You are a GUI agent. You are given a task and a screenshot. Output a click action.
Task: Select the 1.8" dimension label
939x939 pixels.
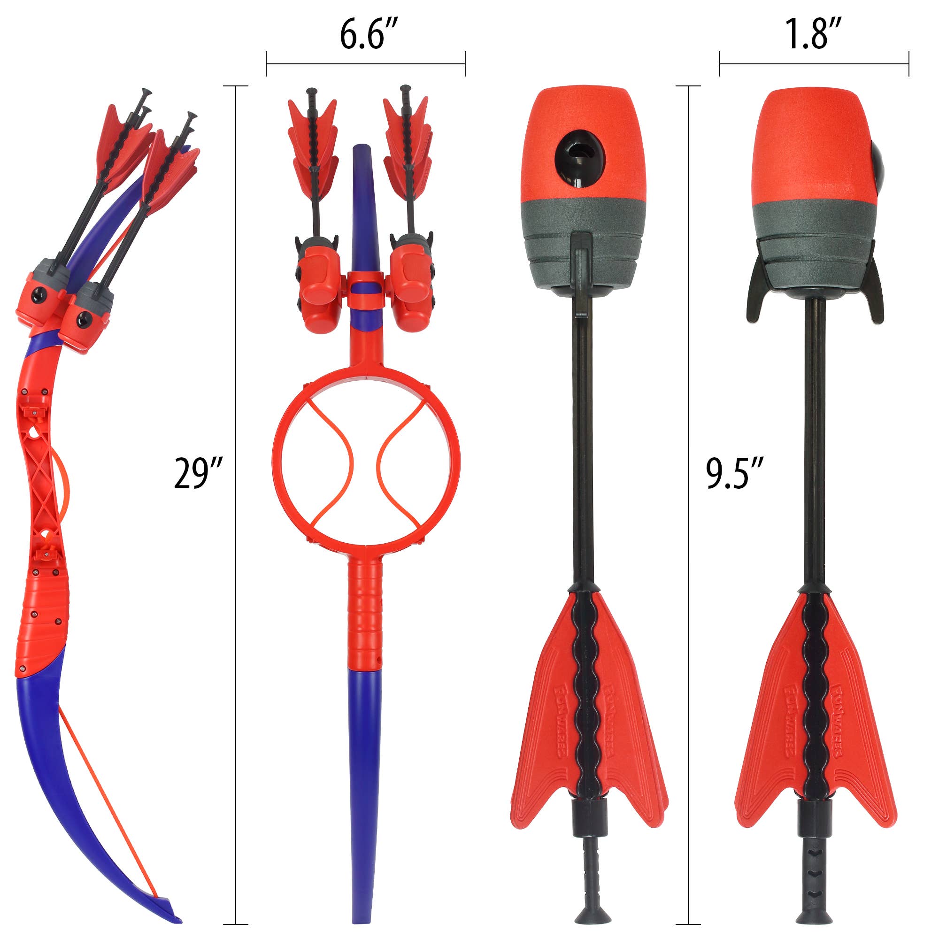[x=813, y=35]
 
